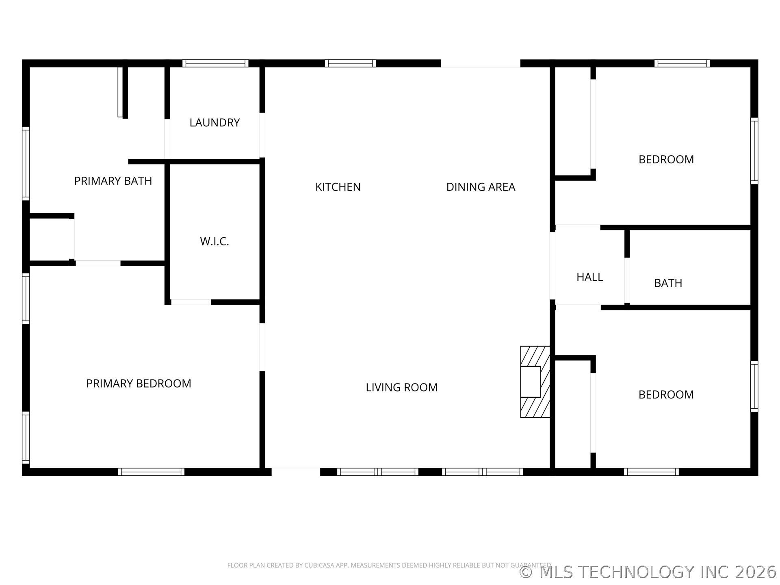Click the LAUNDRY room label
(214, 123)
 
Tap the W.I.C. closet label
(214, 241)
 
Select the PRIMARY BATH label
(113, 181)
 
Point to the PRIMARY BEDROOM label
(139, 383)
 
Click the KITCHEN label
(338, 187)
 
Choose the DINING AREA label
(481, 187)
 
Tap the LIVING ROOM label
(401, 388)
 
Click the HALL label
(589, 277)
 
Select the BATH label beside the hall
(668, 283)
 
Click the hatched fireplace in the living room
(535, 382)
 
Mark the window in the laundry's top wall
(215, 63)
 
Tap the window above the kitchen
(350, 63)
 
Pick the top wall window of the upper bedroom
(682, 63)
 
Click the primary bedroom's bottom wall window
(151, 472)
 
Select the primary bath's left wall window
(26, 163)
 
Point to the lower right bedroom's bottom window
(651, 472)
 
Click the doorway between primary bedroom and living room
(262, 347)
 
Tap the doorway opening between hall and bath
(627, 280)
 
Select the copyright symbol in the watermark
(526, 572)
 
